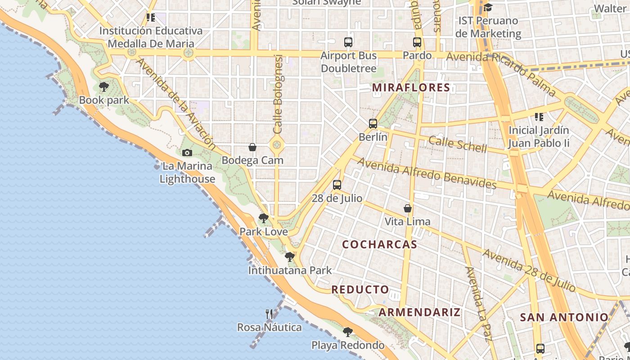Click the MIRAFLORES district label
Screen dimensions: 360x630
pyautogui.click(x=411, y=87)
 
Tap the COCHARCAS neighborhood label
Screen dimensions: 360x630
pyautogui.click(x=379, y=244)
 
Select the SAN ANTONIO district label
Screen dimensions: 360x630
pyautogui.click(x=564, y=317)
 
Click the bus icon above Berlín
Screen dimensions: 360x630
pyautogui.click(x=373, y=123)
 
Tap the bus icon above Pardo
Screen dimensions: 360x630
pyautogui.click(x=417, y=42)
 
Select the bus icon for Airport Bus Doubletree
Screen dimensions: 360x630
pyautogui.click(x=348, y=42)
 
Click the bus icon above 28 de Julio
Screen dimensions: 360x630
pyautogui.click(x=337, y=184)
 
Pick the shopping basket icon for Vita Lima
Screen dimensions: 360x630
pyautogui.click(x=408, y=208)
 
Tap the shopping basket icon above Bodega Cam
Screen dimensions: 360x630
pyautogui.click(x=252, y=147)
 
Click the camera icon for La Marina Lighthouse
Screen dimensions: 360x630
pyautogui.click(x=187, y=153)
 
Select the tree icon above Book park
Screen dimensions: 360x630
pyautogui.click(x=104, y=86)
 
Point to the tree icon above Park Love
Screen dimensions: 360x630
pyautogui.click(x=264, y=219)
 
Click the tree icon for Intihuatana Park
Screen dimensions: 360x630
pyautogui.click(x=290, y=257)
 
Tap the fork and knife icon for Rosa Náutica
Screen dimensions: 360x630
pyautogui.click(x=269, y=314)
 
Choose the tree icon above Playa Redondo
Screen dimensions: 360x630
pyautogui.click(x=347, y=332)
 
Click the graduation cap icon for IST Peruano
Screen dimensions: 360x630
pyautogui.click(x=488, y=8)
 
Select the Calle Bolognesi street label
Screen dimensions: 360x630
pyautogui.click(x=278, y=94)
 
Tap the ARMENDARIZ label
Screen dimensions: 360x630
pyautogui.click(x=419, y=312)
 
